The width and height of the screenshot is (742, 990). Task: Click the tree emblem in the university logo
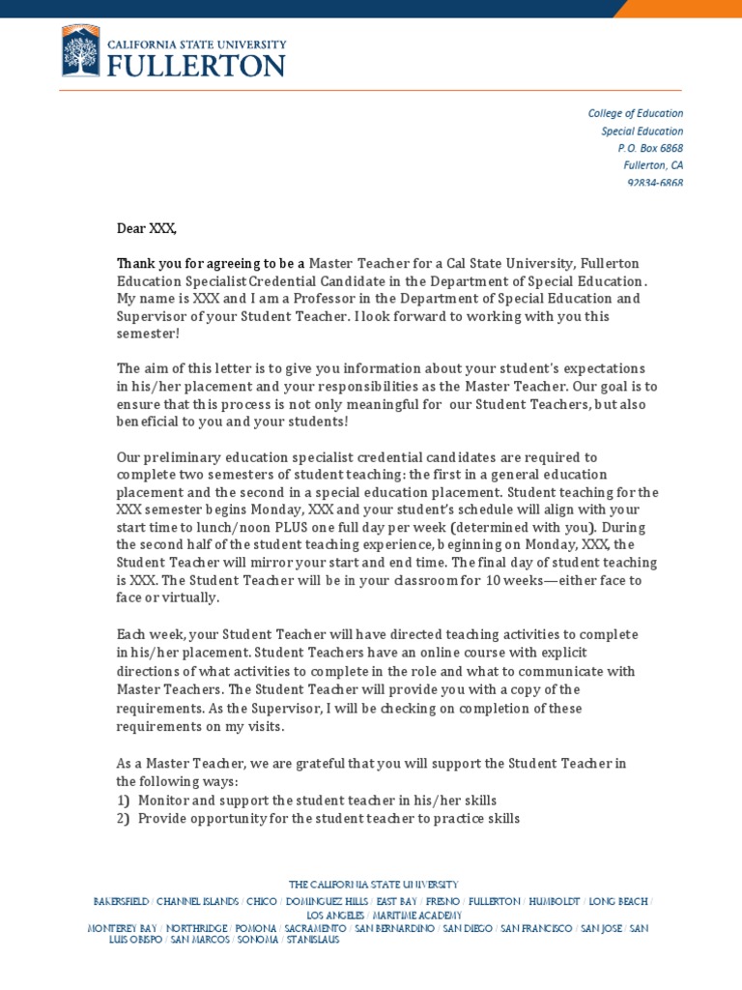pyautogui.click(x=80, y=52)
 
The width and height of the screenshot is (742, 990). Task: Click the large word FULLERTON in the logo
pyautogui.click(x=196, y=65)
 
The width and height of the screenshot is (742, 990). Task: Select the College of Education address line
pyautogui.click(x=635, y=113)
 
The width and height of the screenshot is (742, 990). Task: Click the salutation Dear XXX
pyautogui.click(x=147, y=228)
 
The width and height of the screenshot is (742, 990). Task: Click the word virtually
pyautogui.click(x=191, y=597)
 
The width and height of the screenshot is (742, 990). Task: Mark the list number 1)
pyautogui.click(x=124, y=801)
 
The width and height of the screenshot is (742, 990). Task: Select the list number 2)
pyautogui.click(x=124, y=818)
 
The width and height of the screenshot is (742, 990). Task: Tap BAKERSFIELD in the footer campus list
pyautogui.click(x=121, y=901)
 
